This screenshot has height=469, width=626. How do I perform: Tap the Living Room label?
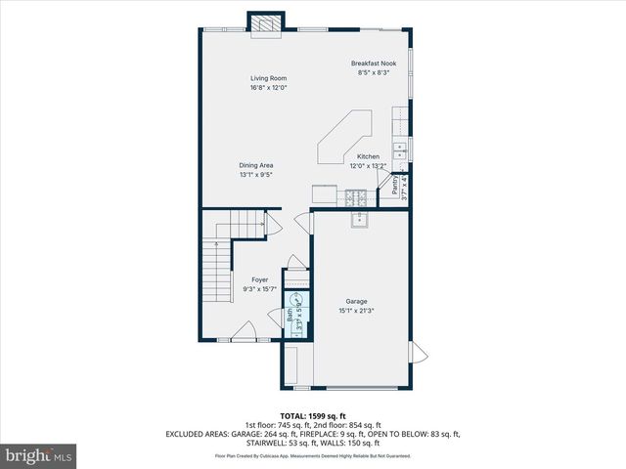pos(267,77)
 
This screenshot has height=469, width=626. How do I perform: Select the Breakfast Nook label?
pos(374,64)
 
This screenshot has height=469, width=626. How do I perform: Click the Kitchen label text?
pos(368,156)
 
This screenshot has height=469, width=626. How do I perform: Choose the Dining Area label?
pos(256,166)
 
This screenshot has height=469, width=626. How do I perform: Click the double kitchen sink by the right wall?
pos(400,151)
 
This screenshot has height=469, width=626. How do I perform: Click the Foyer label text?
pos(260,279)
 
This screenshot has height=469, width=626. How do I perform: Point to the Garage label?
pos(356,301)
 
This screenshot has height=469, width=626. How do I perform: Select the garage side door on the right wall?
pos(420,352)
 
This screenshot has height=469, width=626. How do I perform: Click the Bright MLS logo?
pos(39,455)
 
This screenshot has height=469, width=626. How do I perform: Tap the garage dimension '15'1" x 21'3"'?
pos(356,311)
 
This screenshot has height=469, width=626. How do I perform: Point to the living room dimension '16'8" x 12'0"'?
pos(267,87)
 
